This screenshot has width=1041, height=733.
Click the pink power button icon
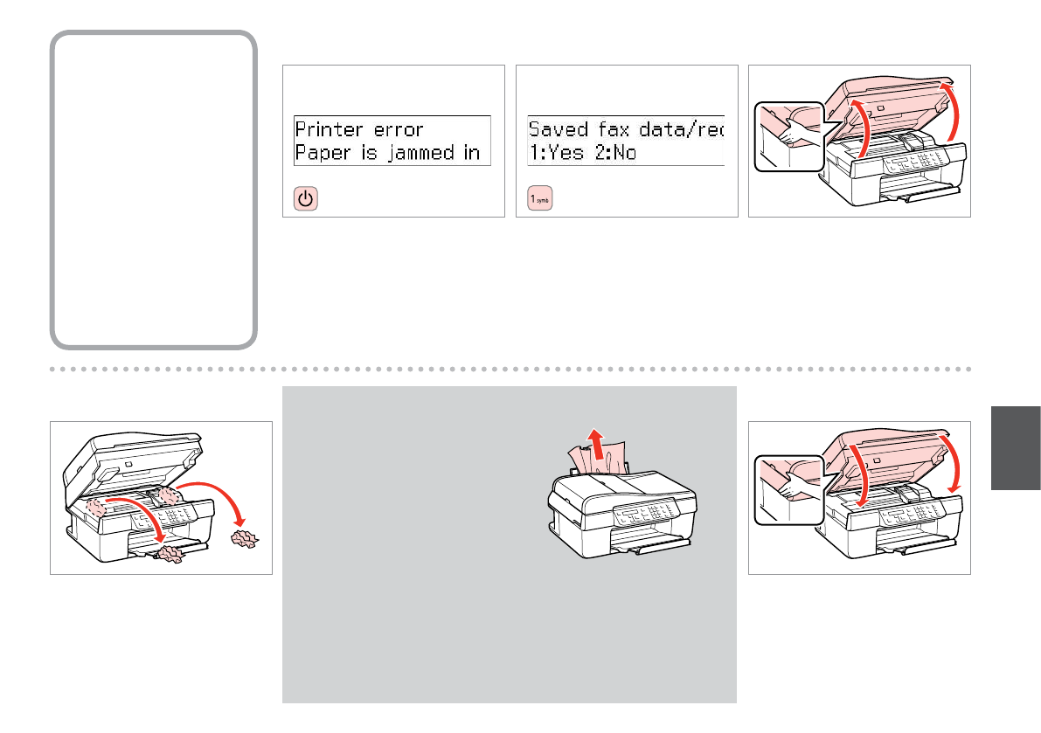304,199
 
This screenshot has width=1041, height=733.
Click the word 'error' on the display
399,130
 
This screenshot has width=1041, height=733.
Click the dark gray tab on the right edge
1017,446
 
